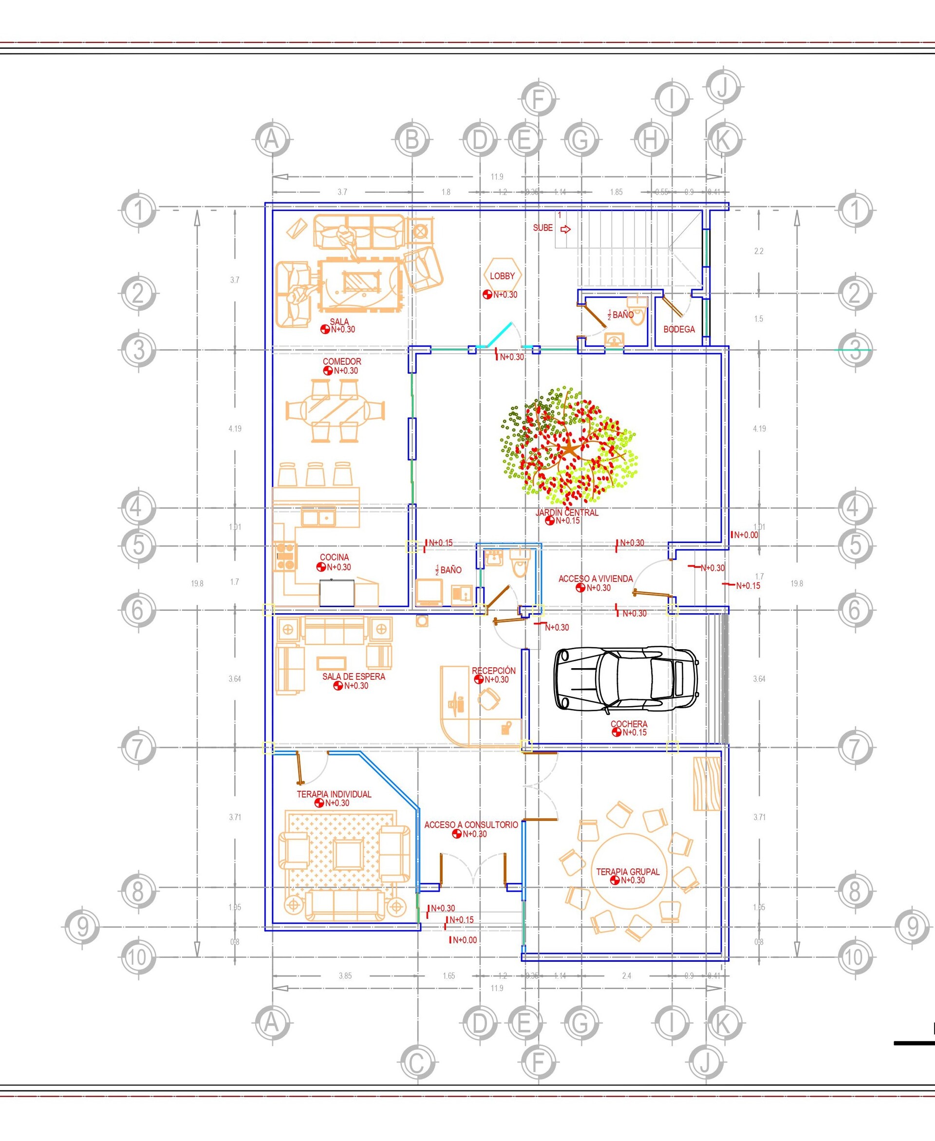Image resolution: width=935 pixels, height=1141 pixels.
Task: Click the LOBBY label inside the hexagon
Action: tap(502, 276)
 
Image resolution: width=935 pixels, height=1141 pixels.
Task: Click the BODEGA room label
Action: tap(679, 329)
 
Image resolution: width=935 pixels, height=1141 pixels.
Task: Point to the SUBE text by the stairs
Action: tap(542, 228)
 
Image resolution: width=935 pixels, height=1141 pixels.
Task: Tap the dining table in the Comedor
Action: tap(335, 411)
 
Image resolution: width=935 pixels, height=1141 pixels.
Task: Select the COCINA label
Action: tap(334, 557)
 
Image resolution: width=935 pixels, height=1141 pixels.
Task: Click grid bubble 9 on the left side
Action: tap(82, 927)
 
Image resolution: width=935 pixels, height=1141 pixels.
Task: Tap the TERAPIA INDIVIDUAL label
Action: tap(334, 794)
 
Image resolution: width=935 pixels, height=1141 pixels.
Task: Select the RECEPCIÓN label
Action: tap(493, 671)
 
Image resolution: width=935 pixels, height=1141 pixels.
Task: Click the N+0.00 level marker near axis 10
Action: tap(464, 954)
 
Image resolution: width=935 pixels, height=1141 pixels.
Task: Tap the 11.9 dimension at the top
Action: tap(497, 177)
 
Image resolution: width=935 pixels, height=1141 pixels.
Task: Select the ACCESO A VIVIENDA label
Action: tap(595, 579)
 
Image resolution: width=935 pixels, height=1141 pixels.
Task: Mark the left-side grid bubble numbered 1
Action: tap(138, 209)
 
